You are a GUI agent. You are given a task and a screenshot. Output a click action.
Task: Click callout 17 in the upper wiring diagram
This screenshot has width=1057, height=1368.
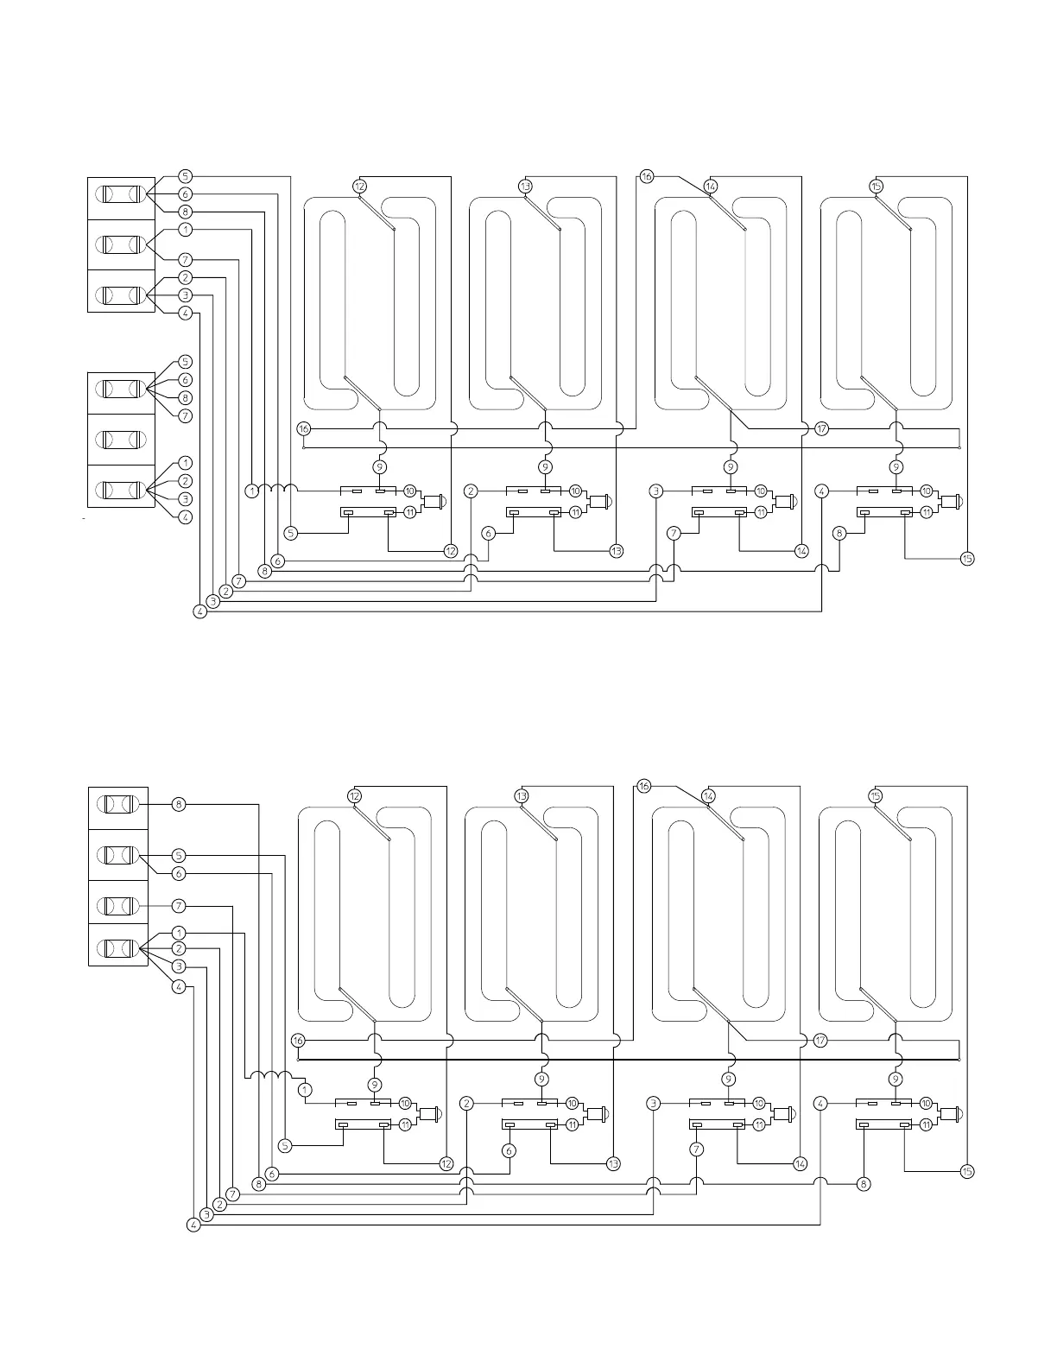click(x=821, y=428)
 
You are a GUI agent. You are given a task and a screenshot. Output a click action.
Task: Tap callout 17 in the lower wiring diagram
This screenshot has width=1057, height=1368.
click(x=820, y=1041)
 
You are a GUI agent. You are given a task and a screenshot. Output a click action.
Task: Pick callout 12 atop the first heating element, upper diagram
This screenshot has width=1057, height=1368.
click(x=360, y=186)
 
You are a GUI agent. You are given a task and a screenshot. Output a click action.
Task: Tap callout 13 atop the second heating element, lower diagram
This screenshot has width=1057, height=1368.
click(x=522, y=795)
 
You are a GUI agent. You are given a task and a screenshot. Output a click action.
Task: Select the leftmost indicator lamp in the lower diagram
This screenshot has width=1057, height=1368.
click(x=429, y=1114)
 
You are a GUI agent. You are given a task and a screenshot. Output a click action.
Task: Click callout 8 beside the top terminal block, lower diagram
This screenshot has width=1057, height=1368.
click(x=179, y=804)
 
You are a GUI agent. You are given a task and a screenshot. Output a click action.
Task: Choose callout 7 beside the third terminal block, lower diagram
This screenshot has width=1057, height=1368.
click(x=179, y=906)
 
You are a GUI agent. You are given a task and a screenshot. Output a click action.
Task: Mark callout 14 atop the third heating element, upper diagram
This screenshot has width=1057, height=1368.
click(x=711, y=186)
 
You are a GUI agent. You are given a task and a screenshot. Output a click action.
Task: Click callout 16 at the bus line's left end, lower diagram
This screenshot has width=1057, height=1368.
click(x=298, y=1041)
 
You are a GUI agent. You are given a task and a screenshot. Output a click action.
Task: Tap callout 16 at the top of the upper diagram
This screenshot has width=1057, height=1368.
click(x=647, y=176)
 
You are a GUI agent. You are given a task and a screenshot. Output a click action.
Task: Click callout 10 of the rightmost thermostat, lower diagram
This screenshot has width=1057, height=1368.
click(x=926, y=1103)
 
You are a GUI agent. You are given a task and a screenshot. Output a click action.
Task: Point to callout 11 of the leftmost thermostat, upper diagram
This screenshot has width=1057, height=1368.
click(x=409, y=511)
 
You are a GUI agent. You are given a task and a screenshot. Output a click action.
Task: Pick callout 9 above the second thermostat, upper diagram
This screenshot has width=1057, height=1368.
click(x=545, y=466)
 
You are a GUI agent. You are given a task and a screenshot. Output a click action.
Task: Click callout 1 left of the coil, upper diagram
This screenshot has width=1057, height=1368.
click(x=250, y=491)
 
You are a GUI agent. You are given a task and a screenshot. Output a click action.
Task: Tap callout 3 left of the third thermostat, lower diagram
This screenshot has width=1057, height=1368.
click(x=654, y=1103)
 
